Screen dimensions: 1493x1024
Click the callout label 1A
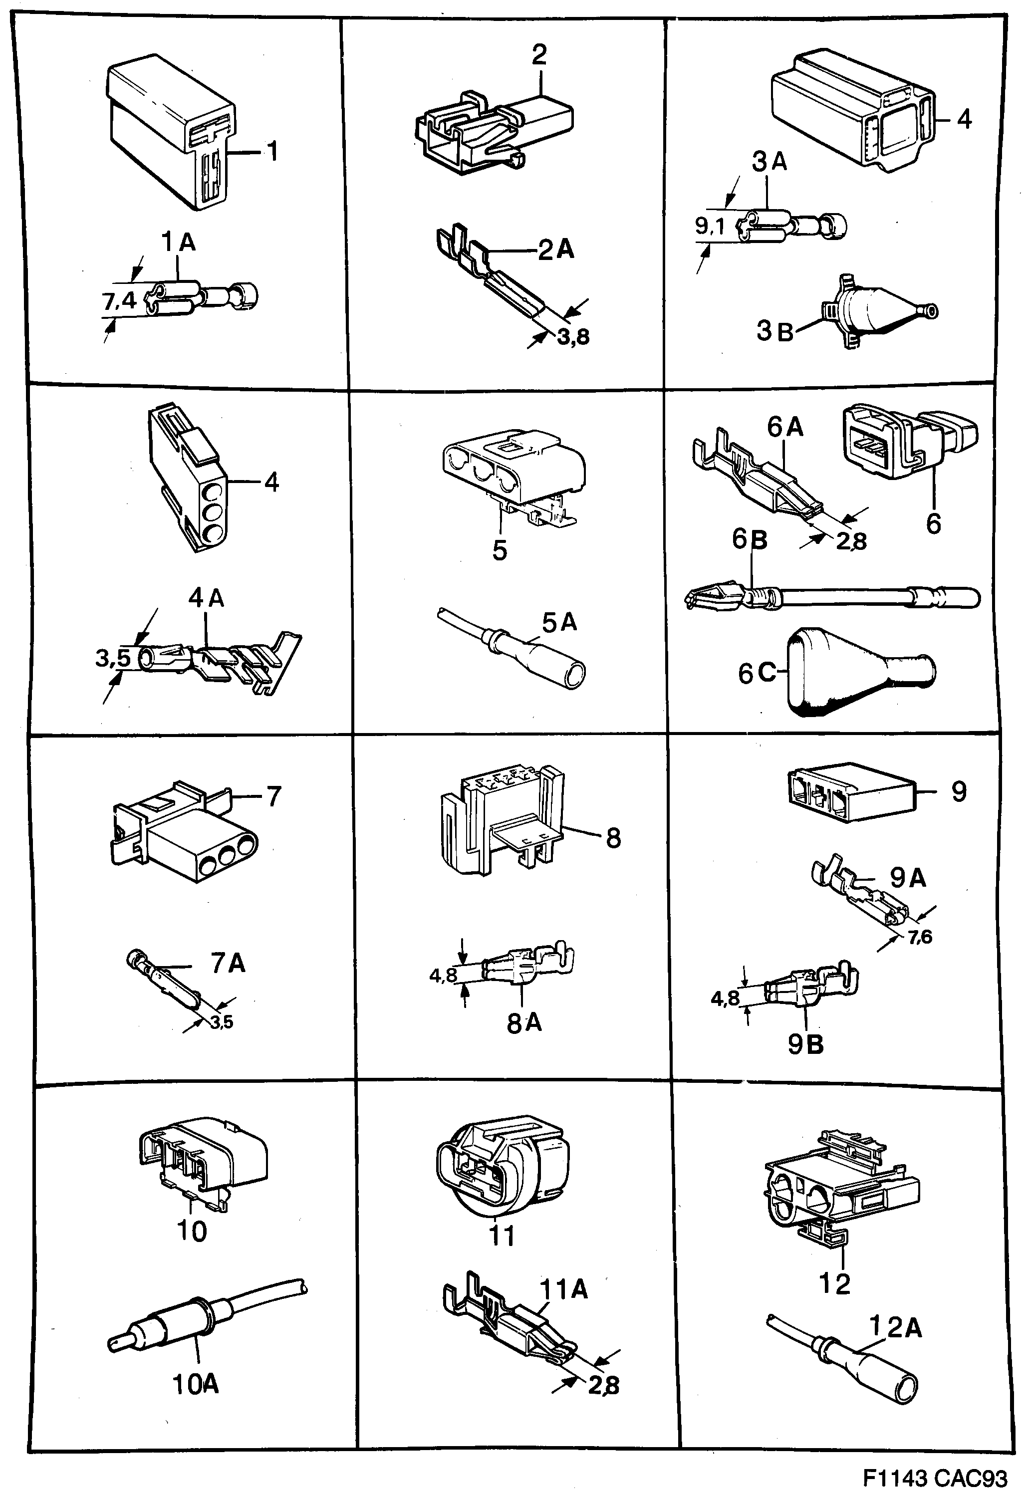[178, 243]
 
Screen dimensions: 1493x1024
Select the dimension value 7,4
[119, 301]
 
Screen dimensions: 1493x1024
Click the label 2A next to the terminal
[556, 249]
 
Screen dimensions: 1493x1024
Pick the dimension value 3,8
[573, 337]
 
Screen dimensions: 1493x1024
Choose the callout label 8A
[524, 1023]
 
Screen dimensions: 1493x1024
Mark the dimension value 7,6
[919, 937]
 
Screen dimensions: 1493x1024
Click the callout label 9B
[805, 1045]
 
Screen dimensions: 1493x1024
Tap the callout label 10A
[196, 1385]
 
